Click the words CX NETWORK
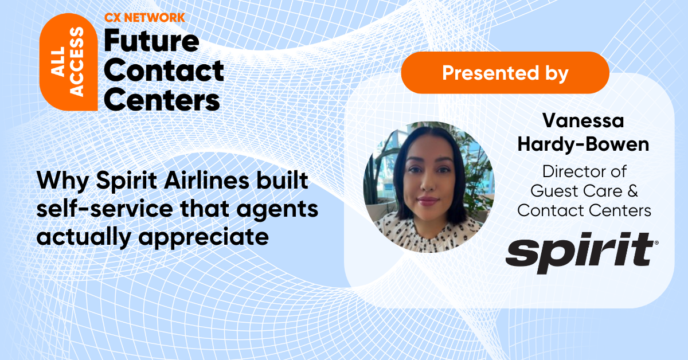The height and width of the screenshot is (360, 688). (x=144, y=18)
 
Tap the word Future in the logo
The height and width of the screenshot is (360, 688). (x=151, y=42)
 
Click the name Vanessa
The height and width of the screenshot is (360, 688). (x=584, y=122)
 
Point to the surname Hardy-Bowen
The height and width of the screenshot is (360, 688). (x=584, y=144)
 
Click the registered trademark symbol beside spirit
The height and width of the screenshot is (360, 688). (x=656, y=243)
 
